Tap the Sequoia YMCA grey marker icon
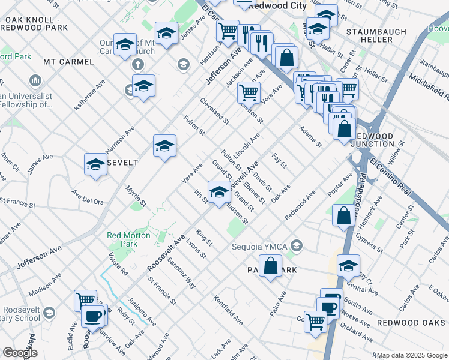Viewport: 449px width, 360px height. (296, 246)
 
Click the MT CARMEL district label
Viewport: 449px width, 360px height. (68, 62)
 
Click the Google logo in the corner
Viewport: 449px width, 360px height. (20, 353)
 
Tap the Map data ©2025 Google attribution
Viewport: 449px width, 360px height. (412, 355)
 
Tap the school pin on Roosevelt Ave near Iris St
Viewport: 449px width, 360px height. (220, 192)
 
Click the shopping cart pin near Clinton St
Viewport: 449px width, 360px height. (248, 92)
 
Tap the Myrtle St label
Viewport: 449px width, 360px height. (136, 196)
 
